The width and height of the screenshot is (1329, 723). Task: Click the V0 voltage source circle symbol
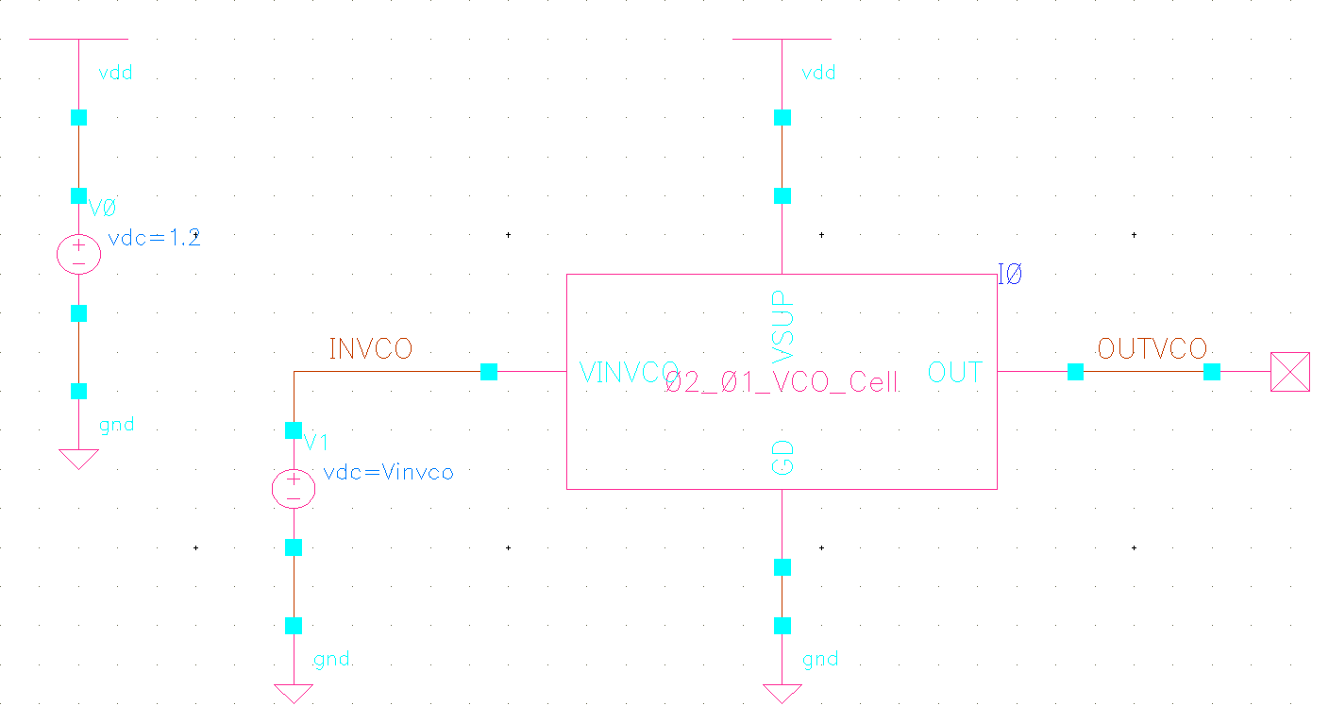click(x=78, y=254)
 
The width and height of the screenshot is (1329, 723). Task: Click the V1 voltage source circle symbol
click(x=294, y=488)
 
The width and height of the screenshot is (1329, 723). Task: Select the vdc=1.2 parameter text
click(x=155, y=238)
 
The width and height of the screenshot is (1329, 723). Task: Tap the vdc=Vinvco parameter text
click(x=388, y=472)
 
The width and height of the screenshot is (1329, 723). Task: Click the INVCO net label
click(x=370, y=349)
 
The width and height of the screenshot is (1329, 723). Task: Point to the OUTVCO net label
click(x=1152, y=349)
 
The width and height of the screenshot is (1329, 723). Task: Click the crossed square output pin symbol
click(x=1289, y=372)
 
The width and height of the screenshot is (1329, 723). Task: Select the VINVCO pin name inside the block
click(x=629, y=373)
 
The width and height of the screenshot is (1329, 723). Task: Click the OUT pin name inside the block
click(x=955, y=373)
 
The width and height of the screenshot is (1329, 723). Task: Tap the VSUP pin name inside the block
click(x=782, y=327)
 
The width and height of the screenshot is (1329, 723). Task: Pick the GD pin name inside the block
click(x=782, y=456)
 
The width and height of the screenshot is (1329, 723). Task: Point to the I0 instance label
click(x=1010, y=277)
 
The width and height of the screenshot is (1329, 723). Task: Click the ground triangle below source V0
click(x=78, y=459)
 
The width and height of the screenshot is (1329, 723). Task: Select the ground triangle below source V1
click(x=294, y=694)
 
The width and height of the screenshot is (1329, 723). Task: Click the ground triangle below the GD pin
click(x=782, y=694)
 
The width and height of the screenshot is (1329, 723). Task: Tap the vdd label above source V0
click(x=115, y=73)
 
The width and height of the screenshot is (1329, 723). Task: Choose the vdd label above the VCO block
click(x=818, y=73)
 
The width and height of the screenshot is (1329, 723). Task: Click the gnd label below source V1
click(x=331, y=659)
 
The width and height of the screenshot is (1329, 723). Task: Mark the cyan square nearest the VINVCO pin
click(x=489, y=372)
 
